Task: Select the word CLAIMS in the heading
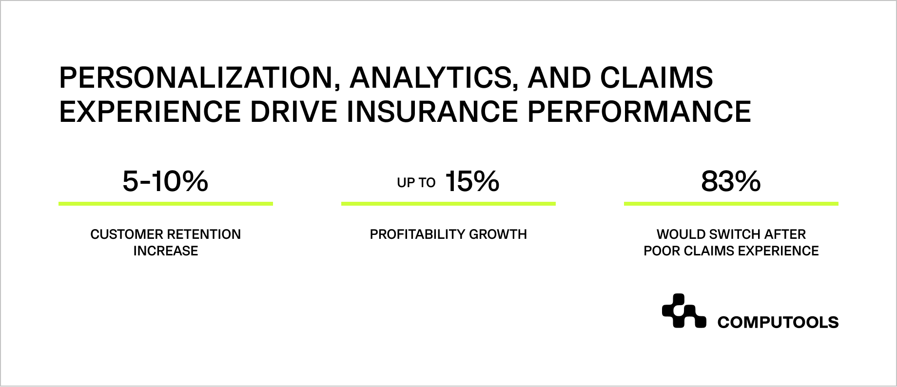point(657,78)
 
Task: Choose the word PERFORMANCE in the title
point(639,111)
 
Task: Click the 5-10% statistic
point(165,182)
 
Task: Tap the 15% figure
point(472,182)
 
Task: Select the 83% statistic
point(731,182)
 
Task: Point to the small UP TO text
point(416,183)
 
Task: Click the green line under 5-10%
point(165,203)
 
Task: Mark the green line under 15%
point(448,203)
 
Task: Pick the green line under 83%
point(731,203)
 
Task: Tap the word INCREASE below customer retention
point(166,251)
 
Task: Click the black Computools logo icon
point(683,311)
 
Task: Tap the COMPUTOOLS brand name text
point(778,322)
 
